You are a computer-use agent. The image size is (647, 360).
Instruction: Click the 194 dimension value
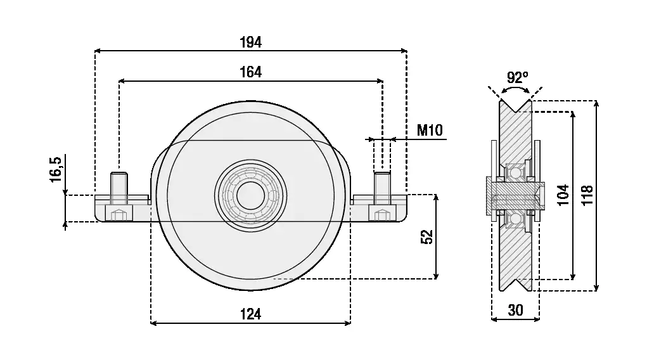(251, 42)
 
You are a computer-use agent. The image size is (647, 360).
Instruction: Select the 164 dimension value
(251, 72)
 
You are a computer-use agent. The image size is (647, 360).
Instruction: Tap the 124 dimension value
(250, 313)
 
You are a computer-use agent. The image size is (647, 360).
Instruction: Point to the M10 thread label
(430, 131)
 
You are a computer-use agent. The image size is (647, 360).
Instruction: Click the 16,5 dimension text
(56, 170)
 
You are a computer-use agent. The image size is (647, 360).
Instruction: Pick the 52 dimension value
(426, 236)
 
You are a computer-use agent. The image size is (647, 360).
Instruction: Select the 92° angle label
(517, 77)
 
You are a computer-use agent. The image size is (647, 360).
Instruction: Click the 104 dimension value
(563, 195)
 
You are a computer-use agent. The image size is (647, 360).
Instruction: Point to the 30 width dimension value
(516, 310)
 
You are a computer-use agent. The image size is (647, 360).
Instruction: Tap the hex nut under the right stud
(381, 214)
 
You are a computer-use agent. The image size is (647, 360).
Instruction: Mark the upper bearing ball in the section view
(515, 172)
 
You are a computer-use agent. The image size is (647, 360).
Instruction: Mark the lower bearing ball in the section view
(515, 219)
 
